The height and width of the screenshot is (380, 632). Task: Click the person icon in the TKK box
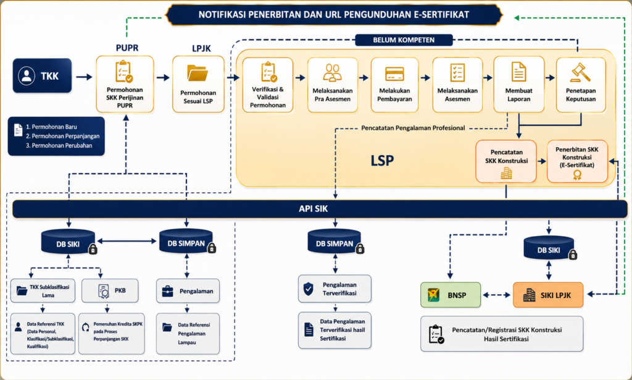tap(27, 76)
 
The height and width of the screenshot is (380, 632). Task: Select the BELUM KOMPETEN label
tap(404, 40)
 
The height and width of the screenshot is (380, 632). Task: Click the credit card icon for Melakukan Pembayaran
tap(394, 74)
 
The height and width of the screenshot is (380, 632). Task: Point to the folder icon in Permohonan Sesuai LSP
tap(197, 73)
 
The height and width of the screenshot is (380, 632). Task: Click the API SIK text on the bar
tap(313, 209)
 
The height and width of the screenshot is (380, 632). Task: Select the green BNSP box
tap(451, 295)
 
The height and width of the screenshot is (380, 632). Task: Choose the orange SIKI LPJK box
tap(548, 295)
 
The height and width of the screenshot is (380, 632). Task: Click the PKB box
tap(110, 290)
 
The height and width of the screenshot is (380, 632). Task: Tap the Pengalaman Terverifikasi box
tap(335, 289)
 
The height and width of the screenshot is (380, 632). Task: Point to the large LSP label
tap(382, 161)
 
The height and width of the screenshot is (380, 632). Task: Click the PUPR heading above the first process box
tap(127, 48)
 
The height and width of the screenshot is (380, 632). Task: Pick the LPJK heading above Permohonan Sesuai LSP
tap(201, 48)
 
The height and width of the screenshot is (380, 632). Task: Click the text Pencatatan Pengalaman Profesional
tap(413, 128)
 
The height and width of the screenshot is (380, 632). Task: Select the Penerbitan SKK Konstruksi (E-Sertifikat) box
tap(577, 161)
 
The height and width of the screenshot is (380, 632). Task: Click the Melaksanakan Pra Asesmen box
tap(333, 85)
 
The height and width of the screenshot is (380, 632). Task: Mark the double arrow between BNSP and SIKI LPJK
tap(497, 295)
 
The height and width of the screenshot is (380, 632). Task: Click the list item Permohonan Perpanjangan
tap(62, 136)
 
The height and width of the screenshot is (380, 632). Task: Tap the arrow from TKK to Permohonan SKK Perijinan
tap(84, 77)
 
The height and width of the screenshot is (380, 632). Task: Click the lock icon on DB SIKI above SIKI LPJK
tap(573, 255)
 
